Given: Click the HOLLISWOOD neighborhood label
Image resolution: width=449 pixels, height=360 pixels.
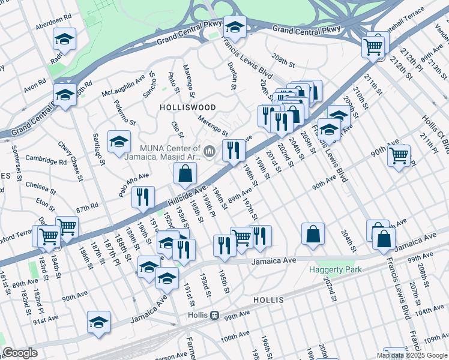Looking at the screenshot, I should [184, 106].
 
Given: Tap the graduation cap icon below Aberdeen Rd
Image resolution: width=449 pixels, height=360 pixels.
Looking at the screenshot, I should [64, 40].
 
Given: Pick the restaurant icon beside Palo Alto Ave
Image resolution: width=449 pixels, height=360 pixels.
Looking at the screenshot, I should [142, 198].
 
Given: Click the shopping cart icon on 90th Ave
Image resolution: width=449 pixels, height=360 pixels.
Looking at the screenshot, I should [399, 156].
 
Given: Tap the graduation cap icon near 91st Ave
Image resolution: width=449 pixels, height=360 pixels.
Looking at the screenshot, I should [98, 322].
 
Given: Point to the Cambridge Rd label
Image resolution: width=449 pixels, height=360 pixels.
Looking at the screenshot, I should [46, 161].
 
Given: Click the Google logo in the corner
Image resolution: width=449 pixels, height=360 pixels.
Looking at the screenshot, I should [20, 353].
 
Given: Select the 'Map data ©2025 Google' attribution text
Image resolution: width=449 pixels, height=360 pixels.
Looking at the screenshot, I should [411, 355].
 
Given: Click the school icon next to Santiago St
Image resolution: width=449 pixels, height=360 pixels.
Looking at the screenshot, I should [119, 142].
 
